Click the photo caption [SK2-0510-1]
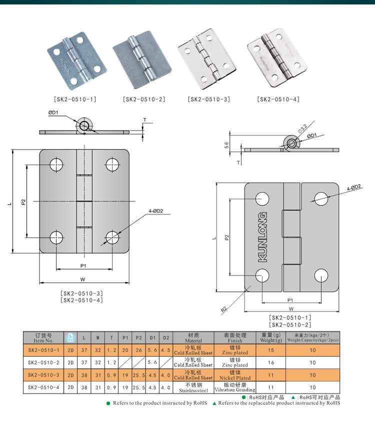(74, 99)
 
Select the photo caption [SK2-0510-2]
(144, 99)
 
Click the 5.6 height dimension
(226, 145)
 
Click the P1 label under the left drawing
(83, 265)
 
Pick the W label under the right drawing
(290, 308)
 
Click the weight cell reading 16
(270, 362)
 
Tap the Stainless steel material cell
(193, 387)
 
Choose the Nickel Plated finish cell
(234, 375)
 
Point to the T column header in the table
(111, 337)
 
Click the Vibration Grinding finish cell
(234, 387)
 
